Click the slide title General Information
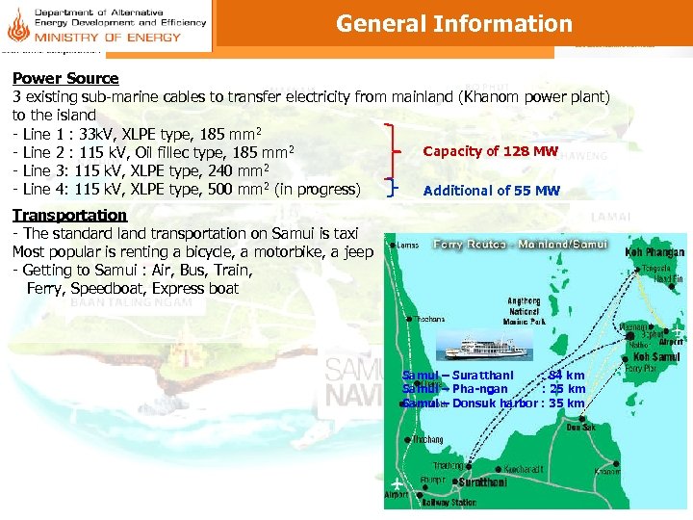tap(453, 24)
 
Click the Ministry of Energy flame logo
tap(16, 24)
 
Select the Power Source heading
tap(65, 78)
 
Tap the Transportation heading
tap(69, 215)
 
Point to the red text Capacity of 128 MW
tap(491, 151)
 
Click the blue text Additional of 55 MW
tap(491, 191)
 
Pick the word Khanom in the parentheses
tap(492, 96)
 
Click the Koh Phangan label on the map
tap(652, 251)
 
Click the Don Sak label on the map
tap(580, 427)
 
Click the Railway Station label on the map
tap(451, 502)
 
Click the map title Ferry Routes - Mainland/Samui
tap(520, 245)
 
